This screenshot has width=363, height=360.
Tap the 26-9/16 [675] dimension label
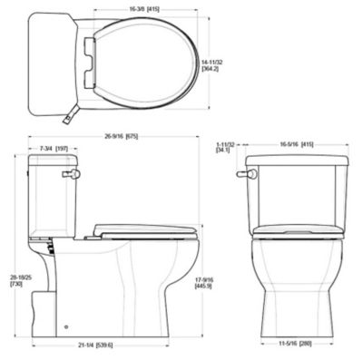[x=114, y=137]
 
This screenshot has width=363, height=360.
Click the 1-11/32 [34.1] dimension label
[x=226, y=147]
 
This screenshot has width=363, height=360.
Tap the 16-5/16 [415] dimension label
[x=296, y=144]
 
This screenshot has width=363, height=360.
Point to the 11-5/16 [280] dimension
[x=297, y=344]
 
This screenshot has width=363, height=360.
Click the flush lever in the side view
[x=71, y=172]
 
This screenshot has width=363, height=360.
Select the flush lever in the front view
[x=241, y=172]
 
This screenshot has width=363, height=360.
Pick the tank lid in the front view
[x=297, y=161]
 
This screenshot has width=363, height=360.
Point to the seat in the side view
[x=145, y=229]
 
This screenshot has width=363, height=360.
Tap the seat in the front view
[x=297, y=232]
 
